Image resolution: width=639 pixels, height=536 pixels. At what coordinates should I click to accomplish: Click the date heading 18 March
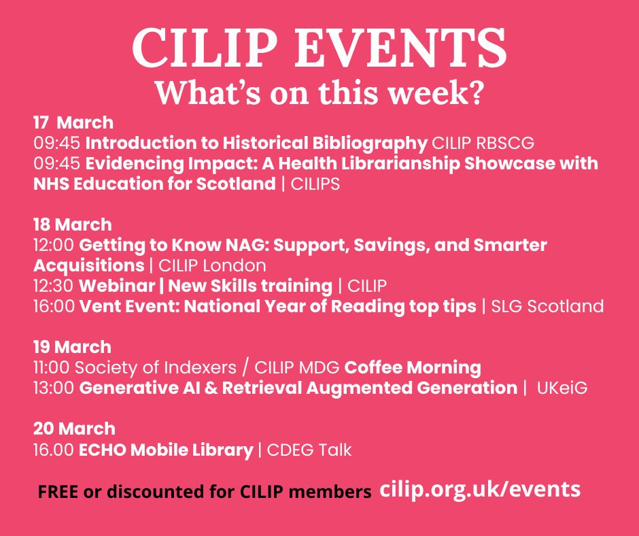(x=73, y=224)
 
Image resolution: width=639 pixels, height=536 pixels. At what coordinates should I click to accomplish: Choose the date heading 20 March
(x=74, y=429)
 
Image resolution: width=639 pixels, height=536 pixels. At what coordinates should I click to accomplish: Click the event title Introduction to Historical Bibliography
(x=256, y=144)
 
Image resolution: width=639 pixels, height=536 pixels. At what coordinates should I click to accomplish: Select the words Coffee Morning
(x=413, y=368)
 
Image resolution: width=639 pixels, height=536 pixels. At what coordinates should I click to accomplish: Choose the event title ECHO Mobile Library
(x=167, y=450)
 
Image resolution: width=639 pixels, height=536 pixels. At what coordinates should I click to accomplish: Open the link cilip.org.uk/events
(x=481, y=489)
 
